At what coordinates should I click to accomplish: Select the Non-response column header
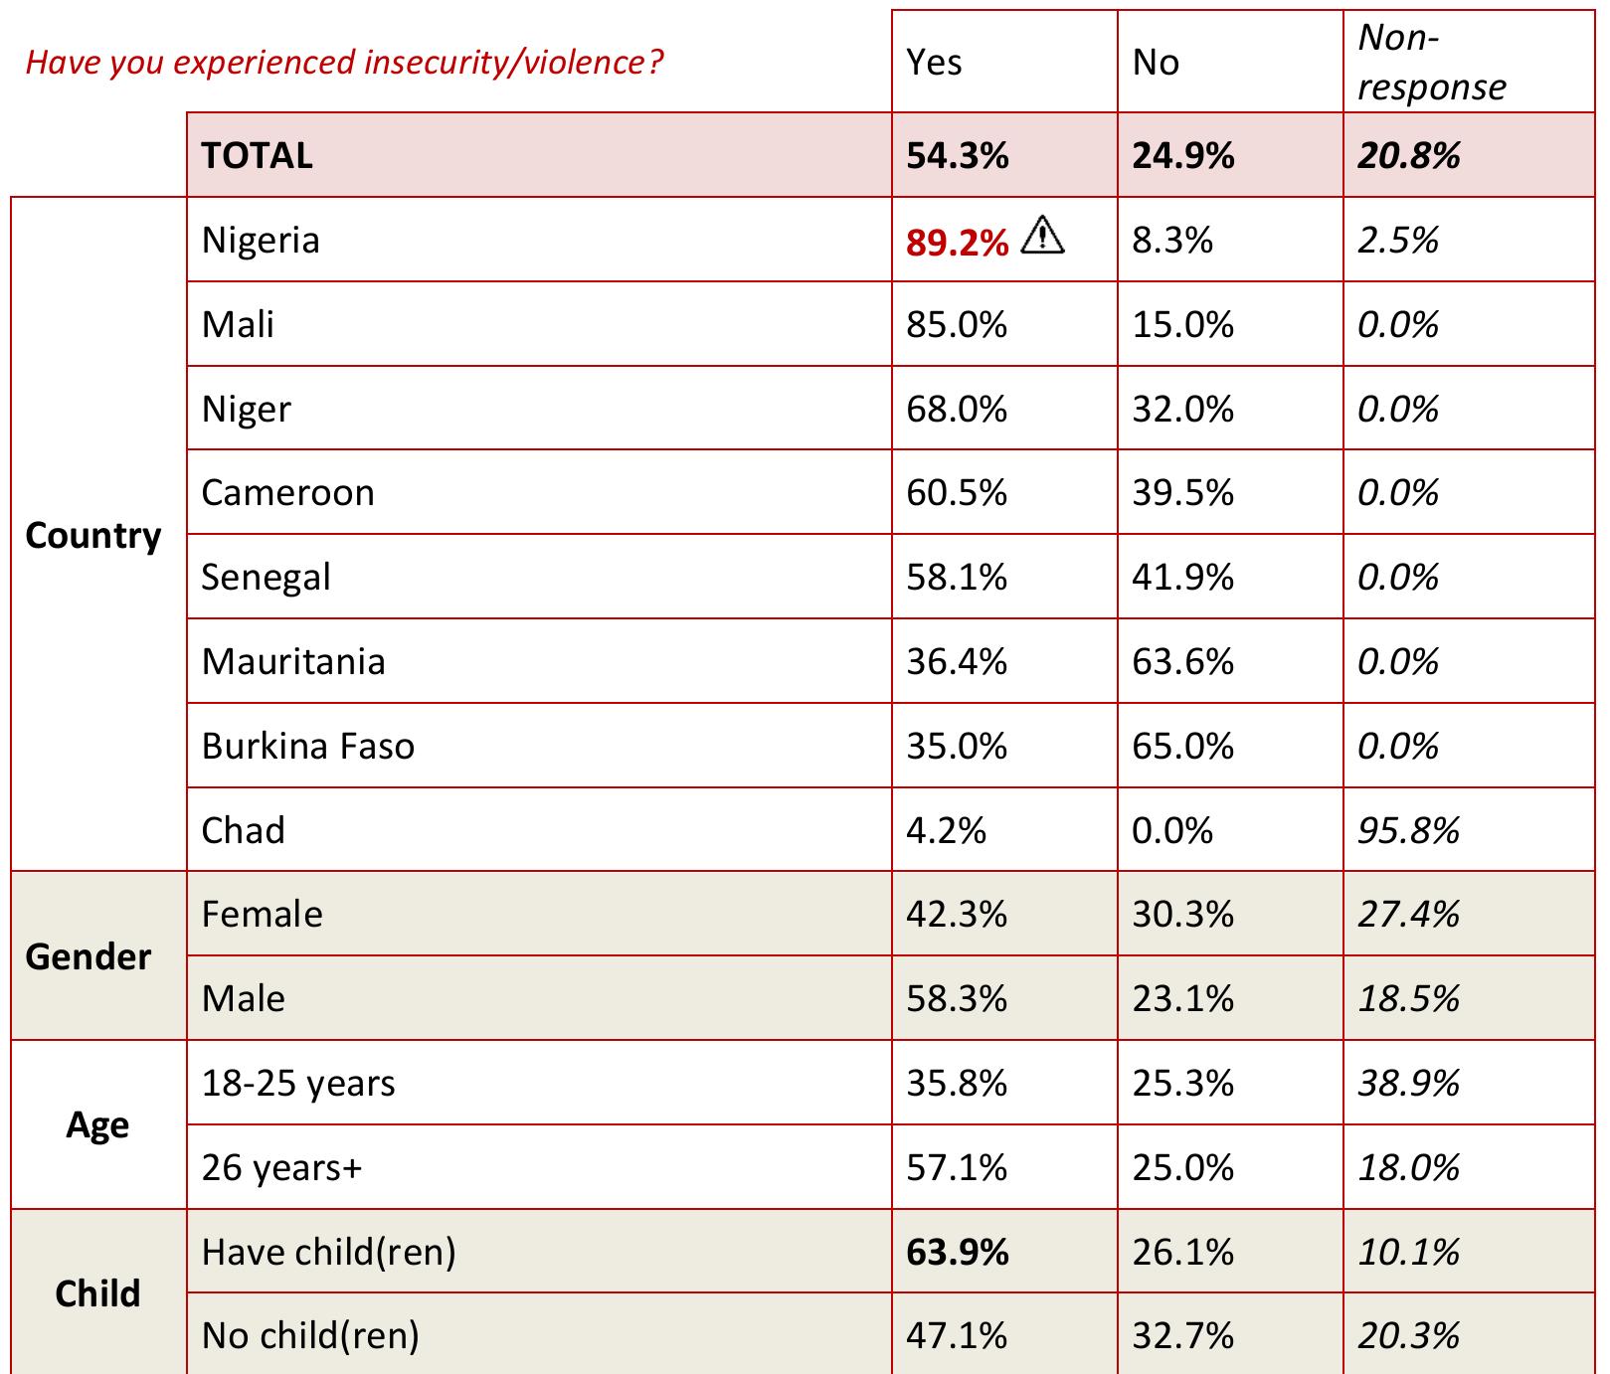click(1431, 63)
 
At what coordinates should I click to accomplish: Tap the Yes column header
click(934, 63)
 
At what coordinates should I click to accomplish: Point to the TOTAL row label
click(257, 156)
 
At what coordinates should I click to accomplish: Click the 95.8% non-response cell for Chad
click(1408, 830)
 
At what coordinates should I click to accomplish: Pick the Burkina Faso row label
click(307, 746)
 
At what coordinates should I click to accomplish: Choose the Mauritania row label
click(292, 662)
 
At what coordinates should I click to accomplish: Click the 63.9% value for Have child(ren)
click(957, 1252)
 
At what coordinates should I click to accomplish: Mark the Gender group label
click(89, 956)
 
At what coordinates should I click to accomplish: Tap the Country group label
click(92, 536)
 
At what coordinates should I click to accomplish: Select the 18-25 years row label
click(297, 1083)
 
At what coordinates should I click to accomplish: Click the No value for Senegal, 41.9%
click(1182, 578)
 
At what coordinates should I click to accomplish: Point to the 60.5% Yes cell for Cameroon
click(956, 493)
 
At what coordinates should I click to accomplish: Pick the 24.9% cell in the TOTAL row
click(1182, 156)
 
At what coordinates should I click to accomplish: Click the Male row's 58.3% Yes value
click(956, 998)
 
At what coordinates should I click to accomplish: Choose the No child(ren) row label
click(310, 1335)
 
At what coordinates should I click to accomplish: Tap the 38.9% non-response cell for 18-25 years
click(1408, 1083)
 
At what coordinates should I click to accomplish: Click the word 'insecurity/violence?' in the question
click(513, 63)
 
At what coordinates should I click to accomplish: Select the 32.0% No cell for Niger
click(1182, 410)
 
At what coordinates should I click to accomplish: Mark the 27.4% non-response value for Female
click(1408, 915)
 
